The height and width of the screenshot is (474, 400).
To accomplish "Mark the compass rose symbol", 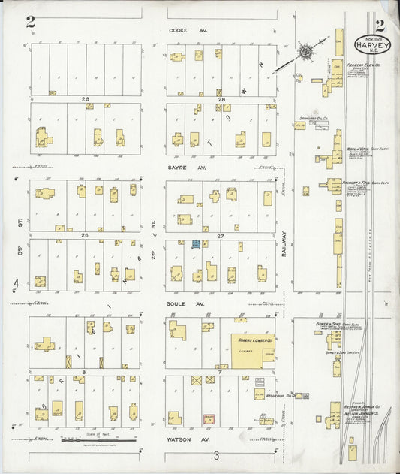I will pyautogui.click(x=306, y=53).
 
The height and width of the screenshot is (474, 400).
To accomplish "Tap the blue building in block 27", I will pyautogui.click(x=196, y=244).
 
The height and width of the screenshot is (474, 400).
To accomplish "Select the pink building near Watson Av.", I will pyautogui.click(x=209, y=418).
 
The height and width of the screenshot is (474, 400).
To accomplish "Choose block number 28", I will pyautogui.click(x=221, y=99).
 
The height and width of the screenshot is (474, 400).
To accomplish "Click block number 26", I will pyautogui.click(x=86, y=235).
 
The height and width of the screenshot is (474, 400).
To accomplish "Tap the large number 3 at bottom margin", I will pyautogui.click(x=216, y=455).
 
